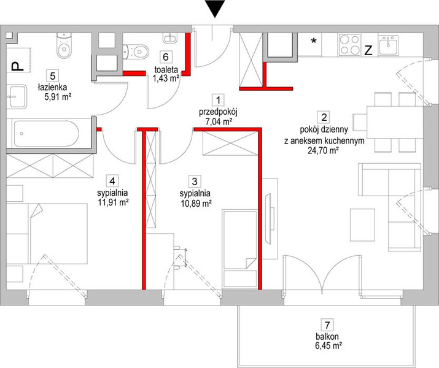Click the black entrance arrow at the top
pos(215,9)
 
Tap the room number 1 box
pos(218,100)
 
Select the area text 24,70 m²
pos(324,151)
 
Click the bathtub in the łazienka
pos(47,133)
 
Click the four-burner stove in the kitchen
pos(349,44)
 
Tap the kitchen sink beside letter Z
pos(388,45)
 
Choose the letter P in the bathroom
pos(17,66)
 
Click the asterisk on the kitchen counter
pos(314,41)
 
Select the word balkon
pos(327,336)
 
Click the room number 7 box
pos(327,325)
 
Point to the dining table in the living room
pos(395,122)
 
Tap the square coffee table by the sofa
pos(362,225)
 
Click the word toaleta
pos(166,69)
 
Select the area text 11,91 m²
pos(113,202)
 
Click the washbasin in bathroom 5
pos(17,96)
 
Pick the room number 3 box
pos(195,181)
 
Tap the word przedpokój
pos(218,112)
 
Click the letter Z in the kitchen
pos(368,50)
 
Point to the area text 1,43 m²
pos(166,79)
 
